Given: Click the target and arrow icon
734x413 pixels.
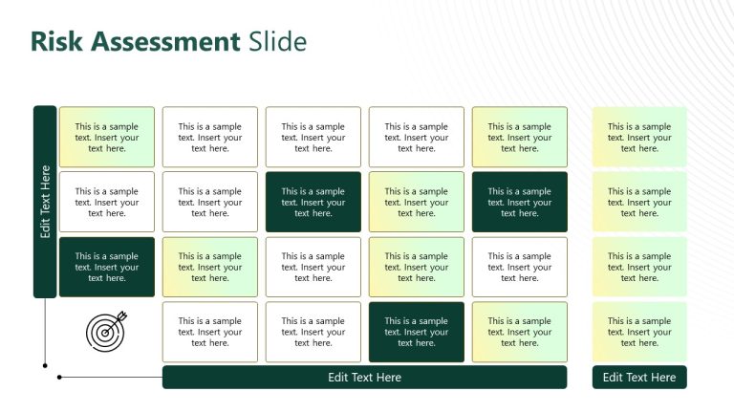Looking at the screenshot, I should click(106, 332).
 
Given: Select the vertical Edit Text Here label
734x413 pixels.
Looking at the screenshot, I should click(45, 202).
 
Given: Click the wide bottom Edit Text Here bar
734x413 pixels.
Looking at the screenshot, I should click(364, 378).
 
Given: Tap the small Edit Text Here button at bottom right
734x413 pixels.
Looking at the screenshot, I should click(638, 378).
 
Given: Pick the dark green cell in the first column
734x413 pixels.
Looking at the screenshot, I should click(107, 268).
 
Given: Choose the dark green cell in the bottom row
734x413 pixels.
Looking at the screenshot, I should click(416, 333).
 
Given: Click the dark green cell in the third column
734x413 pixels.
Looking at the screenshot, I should click(313, 203).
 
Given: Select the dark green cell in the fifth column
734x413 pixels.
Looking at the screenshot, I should click(519, 203).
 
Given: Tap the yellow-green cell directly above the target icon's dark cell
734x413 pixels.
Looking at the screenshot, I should click(107, 138).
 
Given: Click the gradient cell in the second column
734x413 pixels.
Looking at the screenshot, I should click(209, 268).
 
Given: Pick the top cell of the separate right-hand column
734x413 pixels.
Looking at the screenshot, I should click(638, 138).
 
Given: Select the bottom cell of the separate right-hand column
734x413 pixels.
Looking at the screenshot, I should click(638, 333).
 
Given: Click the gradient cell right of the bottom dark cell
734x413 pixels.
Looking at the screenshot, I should click(519, 333).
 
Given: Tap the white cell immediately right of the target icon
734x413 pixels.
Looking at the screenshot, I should click(209, 333).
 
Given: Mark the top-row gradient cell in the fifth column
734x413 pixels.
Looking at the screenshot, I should click(519, 138).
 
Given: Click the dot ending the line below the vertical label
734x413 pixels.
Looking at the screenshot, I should click(45, 365).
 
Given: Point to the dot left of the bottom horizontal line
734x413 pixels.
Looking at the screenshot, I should click(59, 378).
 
